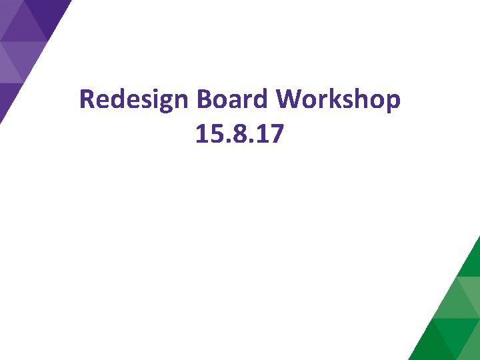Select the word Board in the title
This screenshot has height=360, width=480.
point(233,100)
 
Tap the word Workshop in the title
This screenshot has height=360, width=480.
point(339,100)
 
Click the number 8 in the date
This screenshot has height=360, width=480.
point(236,135)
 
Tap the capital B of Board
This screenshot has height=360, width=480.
point(204,100)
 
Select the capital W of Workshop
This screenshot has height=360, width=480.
point(289,100)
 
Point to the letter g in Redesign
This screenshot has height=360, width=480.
point(163,103)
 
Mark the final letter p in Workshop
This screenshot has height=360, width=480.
point(393,103)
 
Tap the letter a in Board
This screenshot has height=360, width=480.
point(233,101)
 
